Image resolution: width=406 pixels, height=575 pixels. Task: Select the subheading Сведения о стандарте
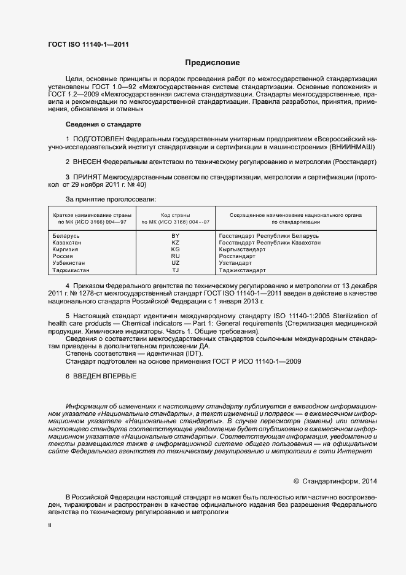click(103, 125)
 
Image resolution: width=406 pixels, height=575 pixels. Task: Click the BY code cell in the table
click(175, 236)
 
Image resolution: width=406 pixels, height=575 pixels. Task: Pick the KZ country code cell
click(175, 243)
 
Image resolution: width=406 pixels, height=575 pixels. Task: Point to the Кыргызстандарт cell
click(243, 249)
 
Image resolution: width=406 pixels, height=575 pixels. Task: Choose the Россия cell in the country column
click(63, 256)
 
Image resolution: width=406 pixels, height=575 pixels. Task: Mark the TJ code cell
click(175, 270)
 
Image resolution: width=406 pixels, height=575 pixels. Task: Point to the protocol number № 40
click(136, 184)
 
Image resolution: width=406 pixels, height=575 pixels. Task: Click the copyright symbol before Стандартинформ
click(296, 481)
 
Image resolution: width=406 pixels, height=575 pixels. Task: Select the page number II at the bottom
click(50, 526)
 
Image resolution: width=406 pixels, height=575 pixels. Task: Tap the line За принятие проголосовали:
click(111, 199)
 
